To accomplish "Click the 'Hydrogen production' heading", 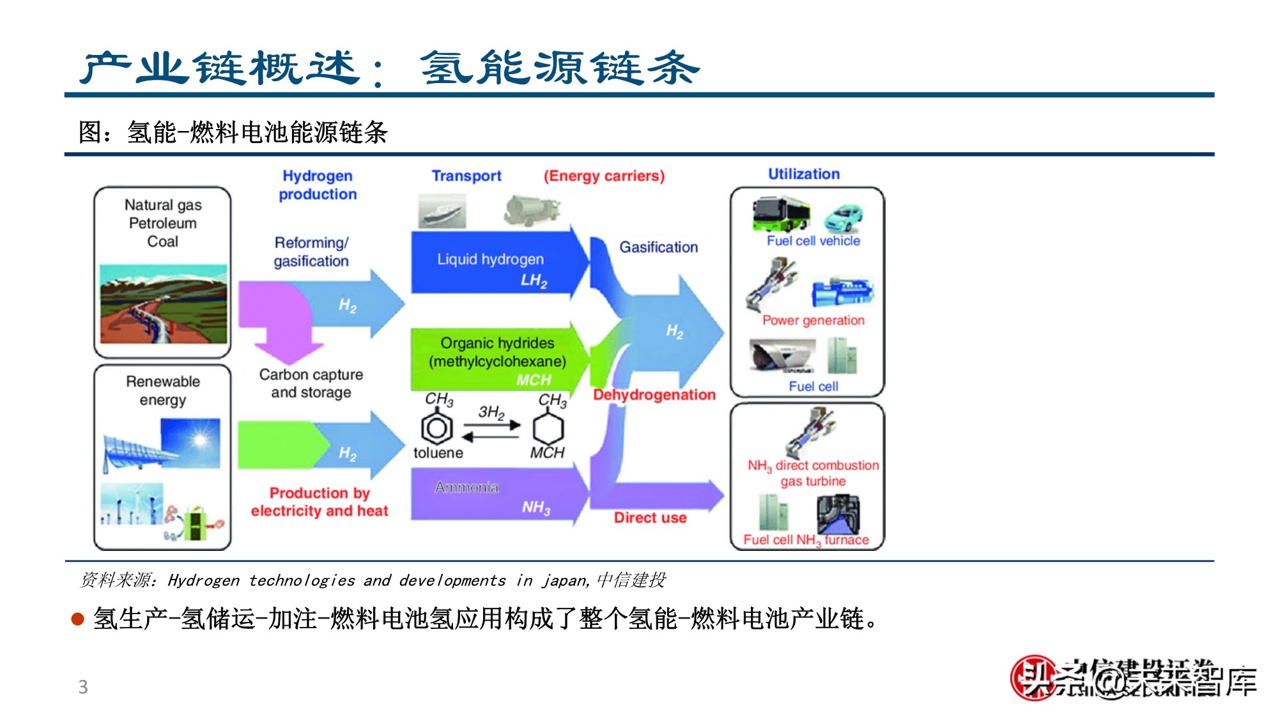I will [x=318, y=185].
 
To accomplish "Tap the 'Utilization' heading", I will [x=803, y=174].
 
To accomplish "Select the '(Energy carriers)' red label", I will [x=604, y=176].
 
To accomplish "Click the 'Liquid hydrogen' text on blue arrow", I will [x=490, y=259].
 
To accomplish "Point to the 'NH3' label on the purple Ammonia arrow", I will [x=535, y=507].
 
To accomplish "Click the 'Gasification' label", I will [x=658, y=247].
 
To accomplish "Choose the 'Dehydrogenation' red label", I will [x=654, y=395].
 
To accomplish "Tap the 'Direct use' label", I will [x=650, y=518].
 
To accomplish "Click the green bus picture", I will [x=780, y=213].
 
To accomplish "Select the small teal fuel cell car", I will [x=843, y=218].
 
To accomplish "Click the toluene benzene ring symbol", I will [x=437, y=428].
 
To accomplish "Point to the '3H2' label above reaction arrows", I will [x=491, y=412].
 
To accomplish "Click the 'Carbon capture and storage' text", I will [x=311, y=383].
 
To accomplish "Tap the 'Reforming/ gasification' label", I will [x=311, y=252].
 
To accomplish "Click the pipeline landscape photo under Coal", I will [x=164, y=304].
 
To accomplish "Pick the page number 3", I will [x=83, y=687].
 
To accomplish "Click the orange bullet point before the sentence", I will [x=78, y=619].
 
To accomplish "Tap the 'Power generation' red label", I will [x=813, y=320].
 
